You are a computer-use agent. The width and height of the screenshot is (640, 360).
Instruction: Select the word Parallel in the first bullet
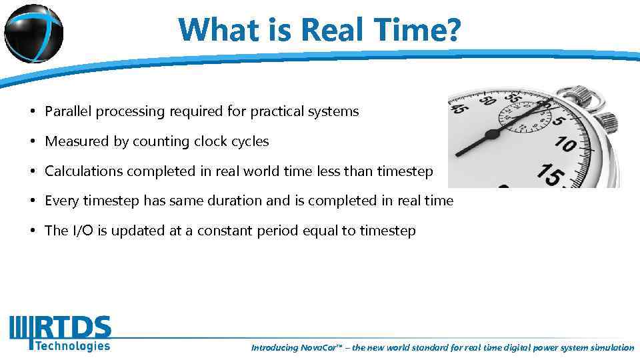[x=69, y=111]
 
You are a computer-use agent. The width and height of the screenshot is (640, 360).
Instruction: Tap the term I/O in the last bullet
[x=79, y=231]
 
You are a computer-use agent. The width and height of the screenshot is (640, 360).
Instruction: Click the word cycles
[x=249, y=141]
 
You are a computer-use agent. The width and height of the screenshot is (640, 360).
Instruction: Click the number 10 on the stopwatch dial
[x=565, y=143]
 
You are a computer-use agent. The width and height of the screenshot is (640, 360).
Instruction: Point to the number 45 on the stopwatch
[x=458, y=106]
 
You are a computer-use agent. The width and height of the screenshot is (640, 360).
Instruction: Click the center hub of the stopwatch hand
[x=492, y=134]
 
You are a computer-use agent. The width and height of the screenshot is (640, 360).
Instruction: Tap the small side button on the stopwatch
[x=606, y=122]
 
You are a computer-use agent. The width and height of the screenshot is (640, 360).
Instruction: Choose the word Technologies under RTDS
[x=72, y=345]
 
